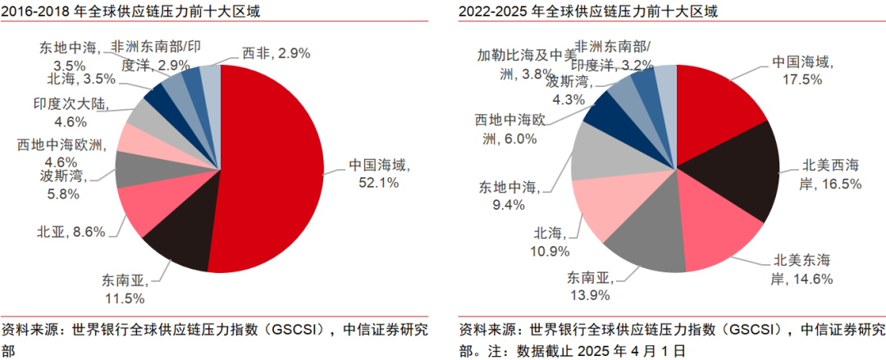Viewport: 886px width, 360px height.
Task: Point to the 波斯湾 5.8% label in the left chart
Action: pyautogui.click(x=62, y=185)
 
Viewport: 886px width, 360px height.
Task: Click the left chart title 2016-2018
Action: pyautogui.click(x=115, y=11)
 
